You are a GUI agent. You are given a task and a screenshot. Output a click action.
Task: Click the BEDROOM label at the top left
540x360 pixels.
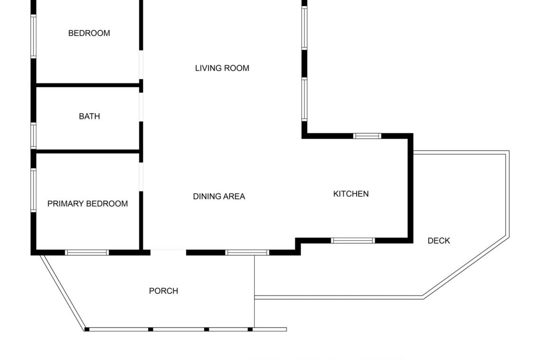click(x=89, y=33)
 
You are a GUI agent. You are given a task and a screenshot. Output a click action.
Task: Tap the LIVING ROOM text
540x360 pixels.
click(x=222, y=68)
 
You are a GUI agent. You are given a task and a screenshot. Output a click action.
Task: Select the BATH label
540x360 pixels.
click(x=90, y=117)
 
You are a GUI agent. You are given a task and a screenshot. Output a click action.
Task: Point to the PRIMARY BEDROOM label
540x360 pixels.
click(x=88, y=204)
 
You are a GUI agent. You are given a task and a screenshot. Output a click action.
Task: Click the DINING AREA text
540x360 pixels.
click(x=219, y=197)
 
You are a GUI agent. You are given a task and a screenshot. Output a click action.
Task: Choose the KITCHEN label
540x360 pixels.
click(x=351, y=194)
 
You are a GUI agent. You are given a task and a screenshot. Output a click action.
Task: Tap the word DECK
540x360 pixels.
click(x=439, y=241)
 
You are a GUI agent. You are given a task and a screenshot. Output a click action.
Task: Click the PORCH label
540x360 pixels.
click(x=163, y=291)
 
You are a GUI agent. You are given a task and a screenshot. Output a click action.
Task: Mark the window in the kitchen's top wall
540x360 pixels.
click(x=367, y=136)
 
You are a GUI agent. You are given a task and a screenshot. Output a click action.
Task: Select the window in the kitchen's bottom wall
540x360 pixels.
click(x=353, y=241)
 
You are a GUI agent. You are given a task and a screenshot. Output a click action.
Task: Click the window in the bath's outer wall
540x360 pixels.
click(x=34, y=136)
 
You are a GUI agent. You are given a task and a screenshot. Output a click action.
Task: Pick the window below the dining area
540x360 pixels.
click(x=247, y=252)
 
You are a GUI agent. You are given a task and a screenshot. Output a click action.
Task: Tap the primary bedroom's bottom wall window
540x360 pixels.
click(x=87, y=252)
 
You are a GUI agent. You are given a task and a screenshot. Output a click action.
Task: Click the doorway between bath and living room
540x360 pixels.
click(x=141, y=107)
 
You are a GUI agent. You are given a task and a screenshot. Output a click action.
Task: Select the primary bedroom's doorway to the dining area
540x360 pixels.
click(x=141, y=177)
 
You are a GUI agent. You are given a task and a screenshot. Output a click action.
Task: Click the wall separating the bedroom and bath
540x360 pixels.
click(x=88, y=85)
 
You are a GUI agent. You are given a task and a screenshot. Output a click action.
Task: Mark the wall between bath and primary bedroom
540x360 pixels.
click(x=88, y=151)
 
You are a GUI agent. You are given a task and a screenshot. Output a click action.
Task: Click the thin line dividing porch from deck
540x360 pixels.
click(x=254, y=291)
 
